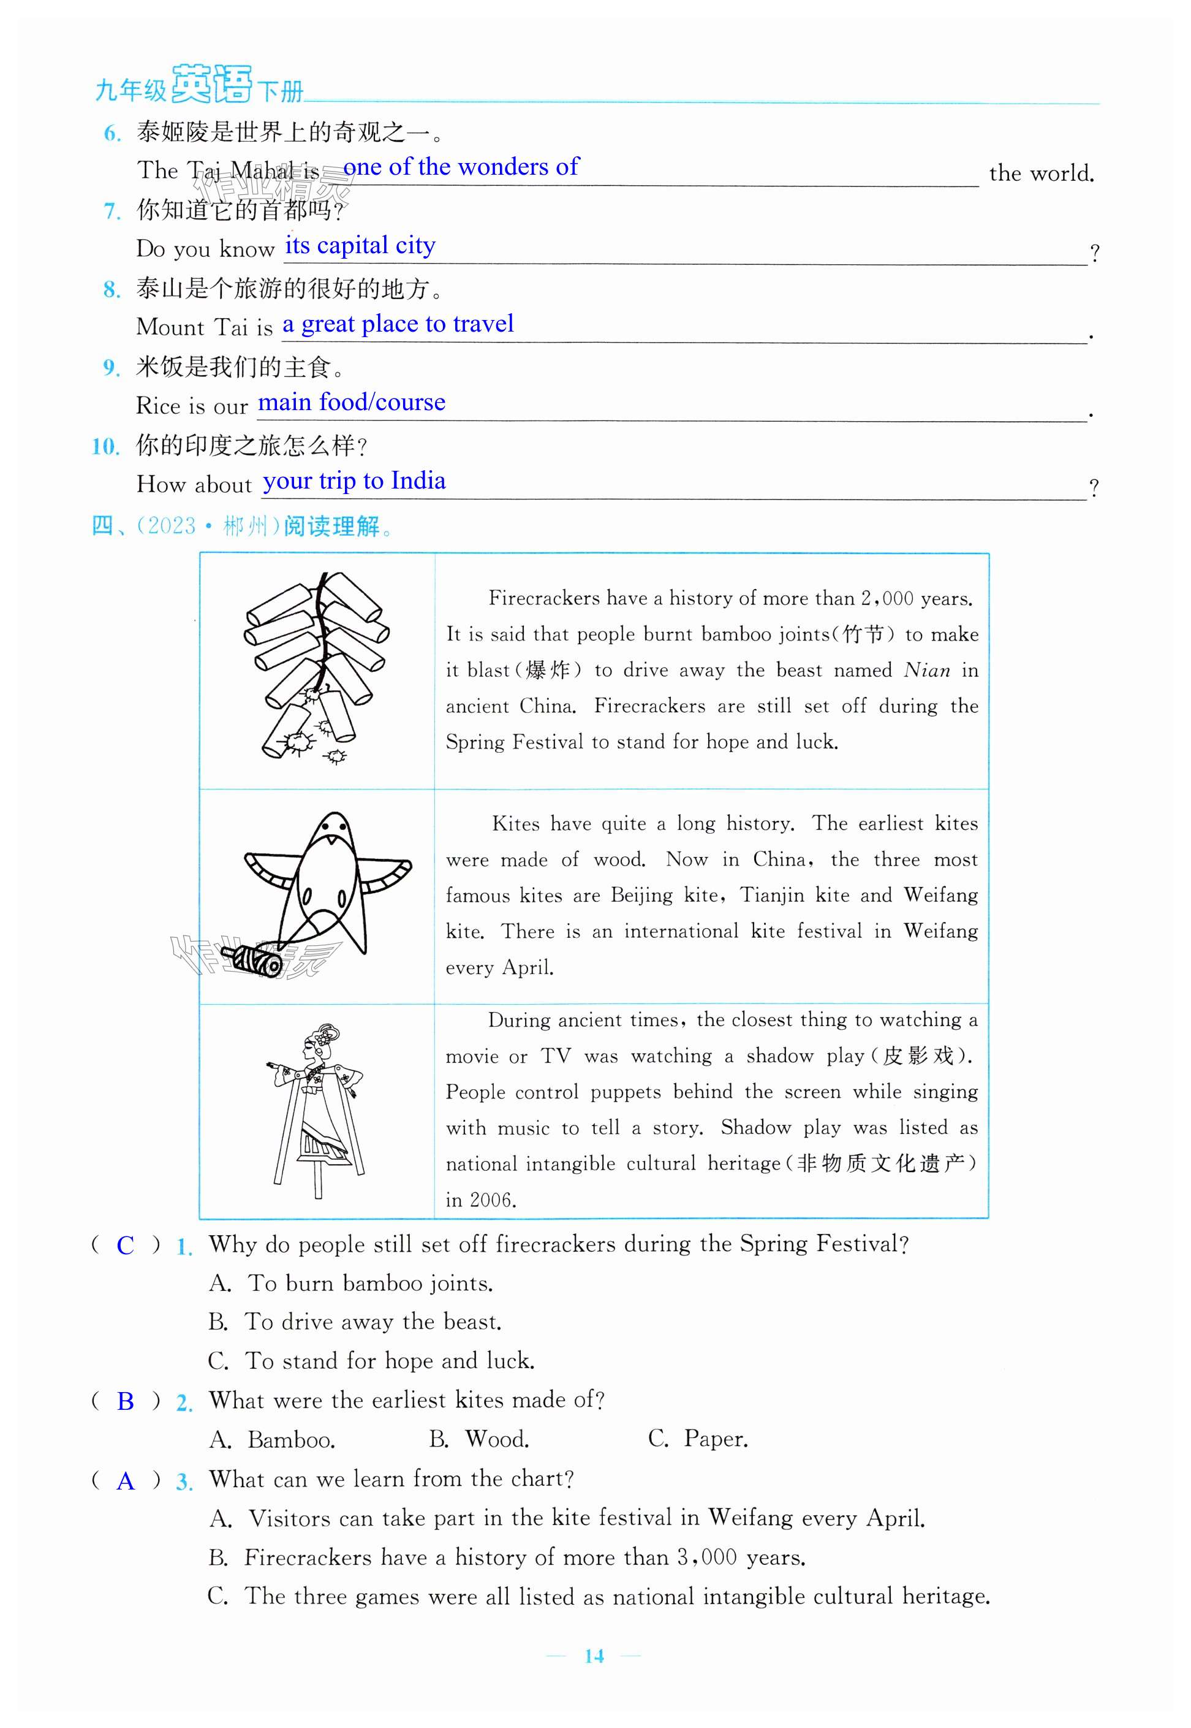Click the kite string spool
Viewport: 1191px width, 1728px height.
256,959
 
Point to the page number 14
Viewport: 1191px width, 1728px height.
594,1656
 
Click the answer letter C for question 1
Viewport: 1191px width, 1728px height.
126,1245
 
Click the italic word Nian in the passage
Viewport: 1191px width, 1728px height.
926,671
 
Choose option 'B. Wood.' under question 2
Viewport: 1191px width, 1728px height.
479,1439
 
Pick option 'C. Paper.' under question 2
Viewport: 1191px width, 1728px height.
698,1439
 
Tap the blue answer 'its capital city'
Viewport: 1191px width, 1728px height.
360,246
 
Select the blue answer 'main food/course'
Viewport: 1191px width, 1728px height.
352,402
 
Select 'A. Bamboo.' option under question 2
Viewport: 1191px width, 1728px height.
273,1439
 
